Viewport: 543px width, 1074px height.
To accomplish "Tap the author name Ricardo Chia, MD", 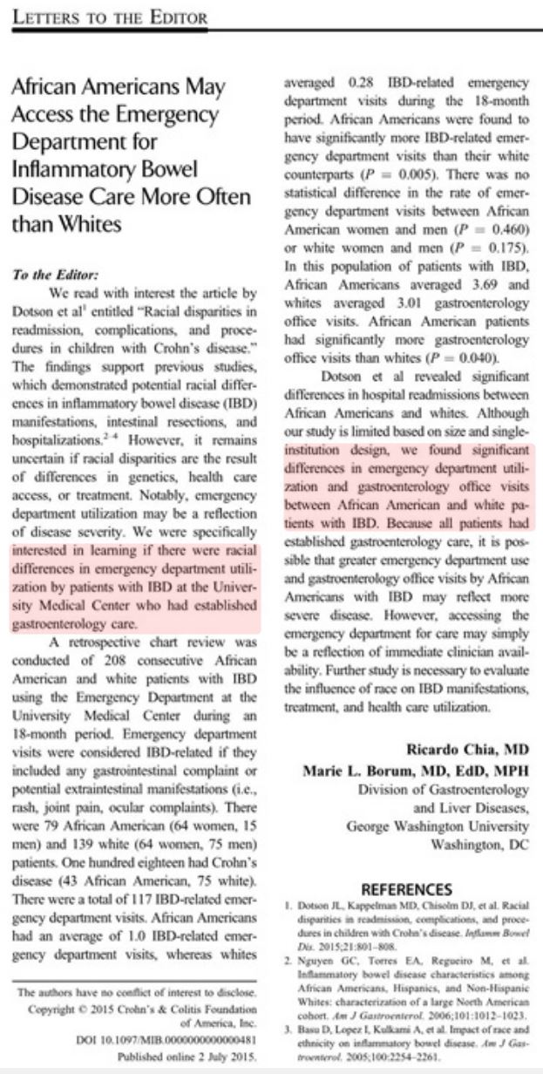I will pyautogui.click(x=466, y=748).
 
